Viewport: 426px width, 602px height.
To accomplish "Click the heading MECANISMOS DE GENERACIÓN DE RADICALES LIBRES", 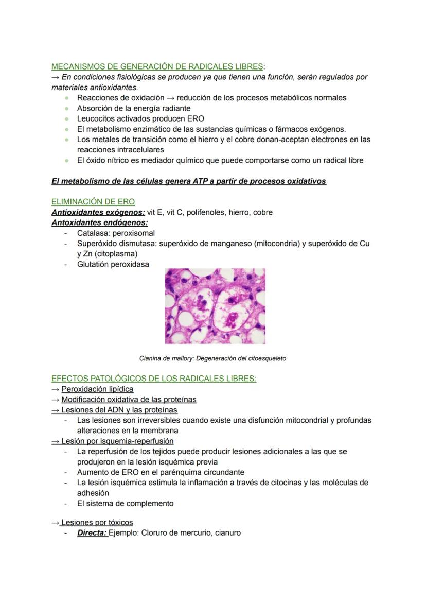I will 157,66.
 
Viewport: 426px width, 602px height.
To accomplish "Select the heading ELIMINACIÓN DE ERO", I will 93,202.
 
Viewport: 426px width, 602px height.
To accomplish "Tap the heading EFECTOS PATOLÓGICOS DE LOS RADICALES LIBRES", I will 154,379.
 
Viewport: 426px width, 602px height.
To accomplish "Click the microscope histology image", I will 215,306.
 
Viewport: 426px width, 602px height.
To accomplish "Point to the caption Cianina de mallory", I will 212,358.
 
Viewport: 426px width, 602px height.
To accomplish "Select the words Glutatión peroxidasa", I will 113,264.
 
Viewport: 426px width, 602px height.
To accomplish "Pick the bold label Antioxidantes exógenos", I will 98,212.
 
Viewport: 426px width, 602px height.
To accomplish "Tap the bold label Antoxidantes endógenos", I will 99,222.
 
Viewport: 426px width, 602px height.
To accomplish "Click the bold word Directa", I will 92,532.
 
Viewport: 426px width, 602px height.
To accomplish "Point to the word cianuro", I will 226,532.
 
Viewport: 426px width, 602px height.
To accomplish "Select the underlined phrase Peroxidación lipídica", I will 97,389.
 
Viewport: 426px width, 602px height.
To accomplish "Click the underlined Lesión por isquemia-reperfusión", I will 117,441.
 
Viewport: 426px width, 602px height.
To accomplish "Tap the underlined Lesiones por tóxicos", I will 97,522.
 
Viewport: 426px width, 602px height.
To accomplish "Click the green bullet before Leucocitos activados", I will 66,119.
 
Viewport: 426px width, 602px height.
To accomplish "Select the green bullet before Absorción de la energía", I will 66,109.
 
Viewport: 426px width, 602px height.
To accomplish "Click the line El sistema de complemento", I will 125,503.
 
